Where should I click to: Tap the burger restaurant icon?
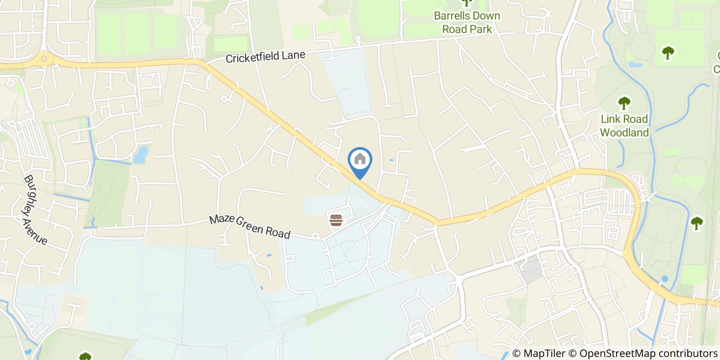click(x=336, y=221)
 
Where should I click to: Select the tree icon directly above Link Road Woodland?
click(x=624, y=103)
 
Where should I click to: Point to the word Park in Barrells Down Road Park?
click(x=481, y=29)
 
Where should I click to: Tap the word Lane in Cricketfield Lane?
click(x=296, y=54)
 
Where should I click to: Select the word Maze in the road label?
click(x=220, y=220)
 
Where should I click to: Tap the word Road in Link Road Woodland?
click(x=636, y=119)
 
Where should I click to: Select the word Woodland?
click(x=624, y=132)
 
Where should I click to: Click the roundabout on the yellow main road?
click(x=44, y=59)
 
